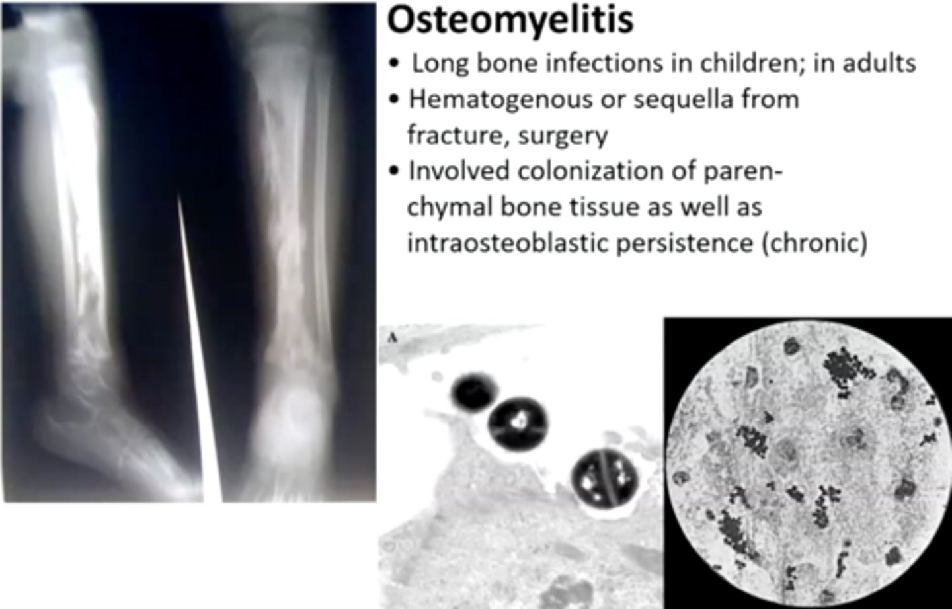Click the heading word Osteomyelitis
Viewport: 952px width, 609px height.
point(510,20)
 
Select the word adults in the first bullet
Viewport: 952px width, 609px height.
point(879,63)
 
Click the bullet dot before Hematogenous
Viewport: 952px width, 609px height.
point(395,100)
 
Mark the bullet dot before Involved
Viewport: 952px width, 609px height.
point(395,171)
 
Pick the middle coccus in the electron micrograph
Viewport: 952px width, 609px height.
point(519,421)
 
